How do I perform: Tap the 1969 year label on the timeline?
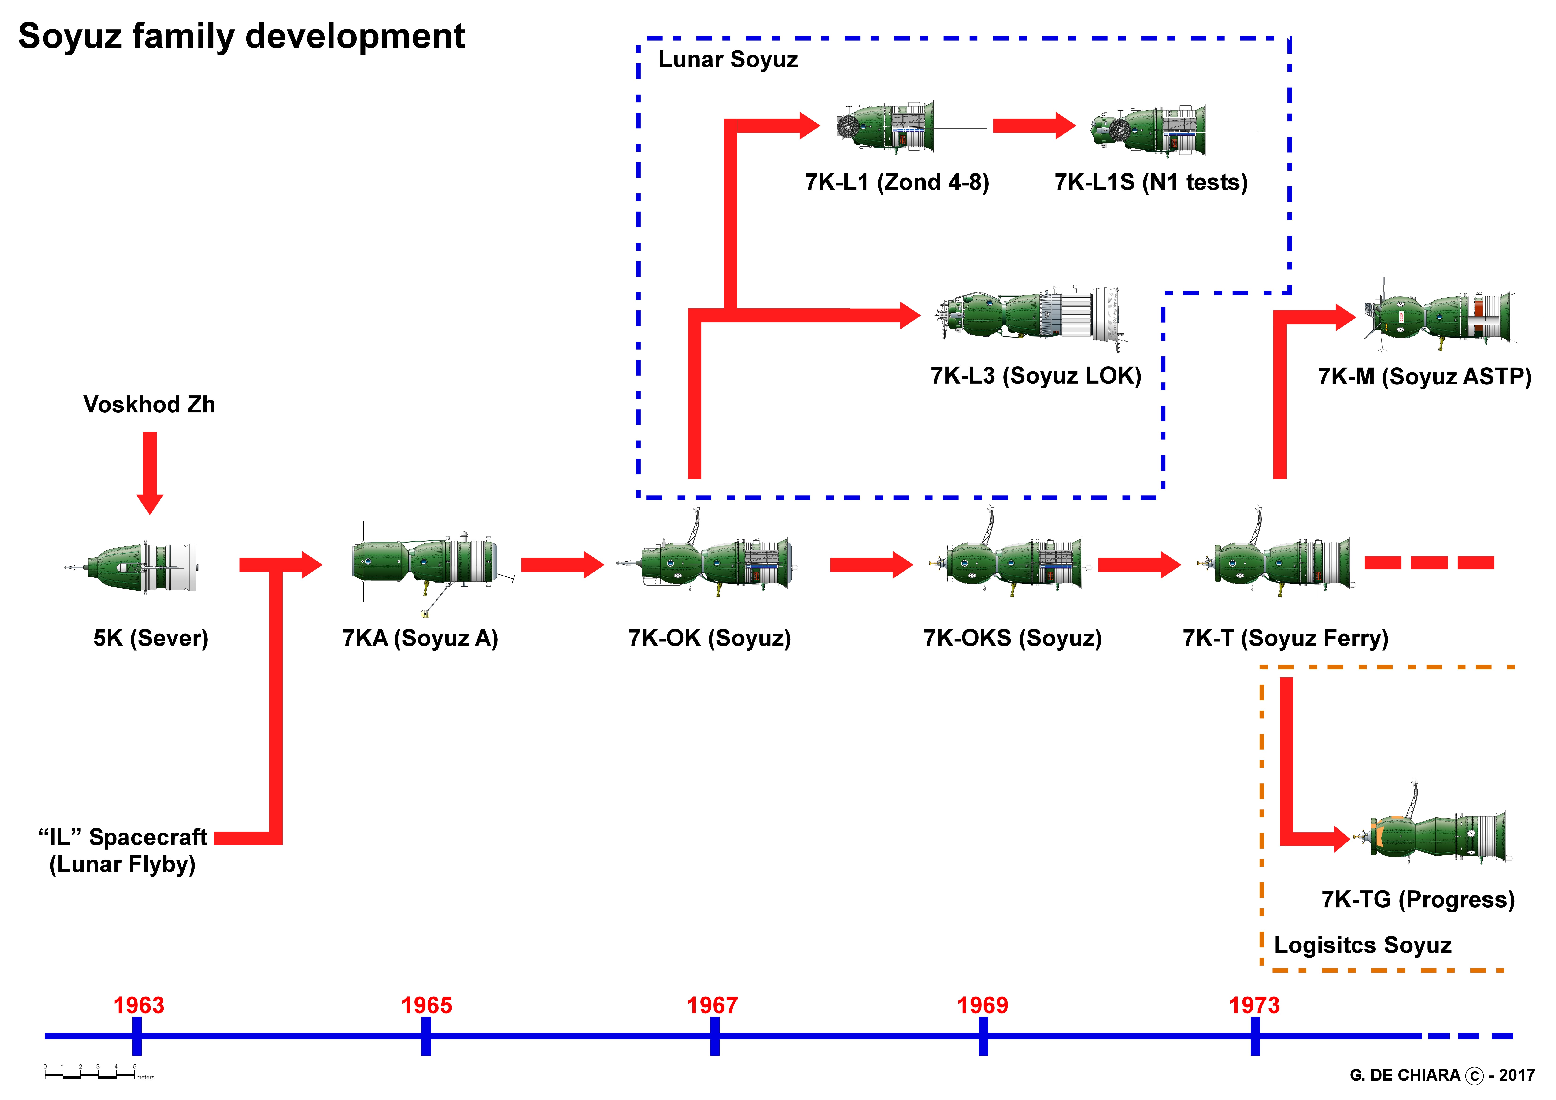tap(983, 1005)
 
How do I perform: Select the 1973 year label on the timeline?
tap(1254, 1005)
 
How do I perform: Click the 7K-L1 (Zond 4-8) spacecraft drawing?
tap(888, 127)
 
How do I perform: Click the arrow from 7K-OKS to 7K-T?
tap(1138, 565)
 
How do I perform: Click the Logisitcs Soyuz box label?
tap(1362, 945)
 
